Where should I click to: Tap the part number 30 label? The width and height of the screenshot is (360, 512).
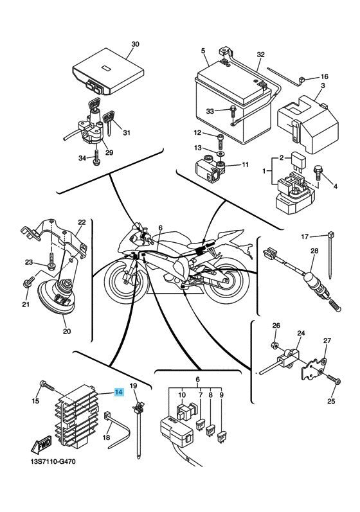[x=135, y=44]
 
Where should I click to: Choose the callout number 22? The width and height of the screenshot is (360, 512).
[x=81, y=222]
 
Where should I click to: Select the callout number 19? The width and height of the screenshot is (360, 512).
[x=134, y=385]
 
